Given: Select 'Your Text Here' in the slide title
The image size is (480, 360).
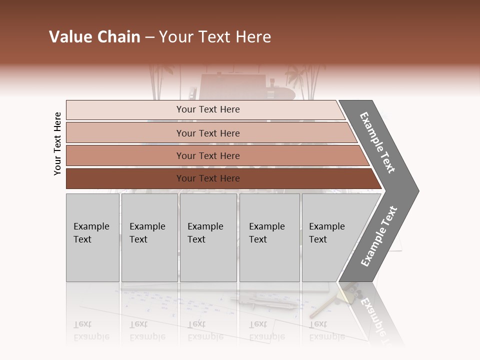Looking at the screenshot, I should click(215, 37).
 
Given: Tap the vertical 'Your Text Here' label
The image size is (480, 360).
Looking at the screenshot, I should click(57, 144).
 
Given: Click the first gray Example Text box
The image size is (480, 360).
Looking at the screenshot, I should click(92, 237).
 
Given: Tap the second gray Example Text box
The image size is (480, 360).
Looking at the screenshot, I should click(149, 237).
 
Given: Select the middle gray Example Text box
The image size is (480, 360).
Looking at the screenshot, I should click(208, 237).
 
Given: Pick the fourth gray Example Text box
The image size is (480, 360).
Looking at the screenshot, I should click(269, 237).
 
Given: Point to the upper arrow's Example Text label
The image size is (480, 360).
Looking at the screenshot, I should click(377, 142).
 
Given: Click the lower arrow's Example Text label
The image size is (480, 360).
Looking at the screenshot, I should click(378, 236).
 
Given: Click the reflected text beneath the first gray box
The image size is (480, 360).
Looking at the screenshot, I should click(91, 330).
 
